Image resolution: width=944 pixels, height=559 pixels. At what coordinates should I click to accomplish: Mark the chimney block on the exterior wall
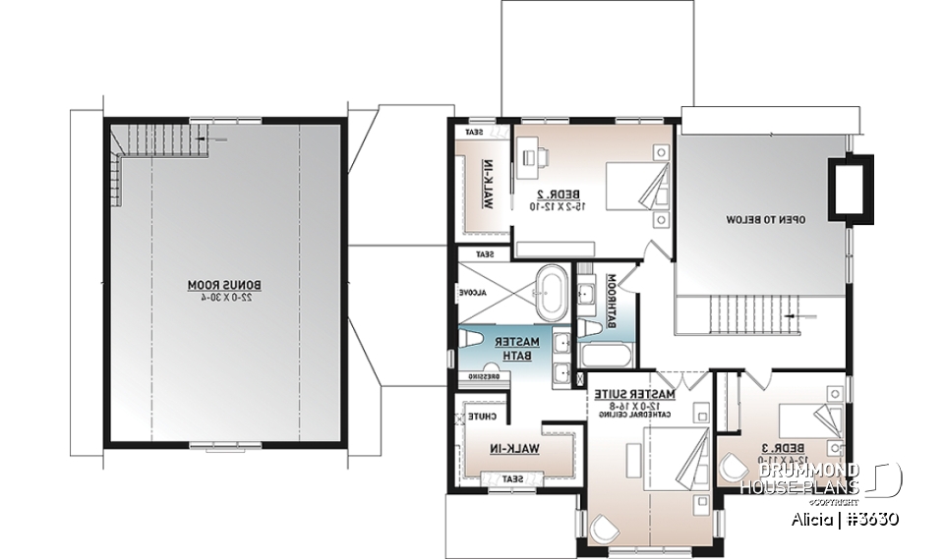pos(847,187)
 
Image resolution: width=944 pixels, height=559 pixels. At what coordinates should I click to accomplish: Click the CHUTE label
pos(481,418)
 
